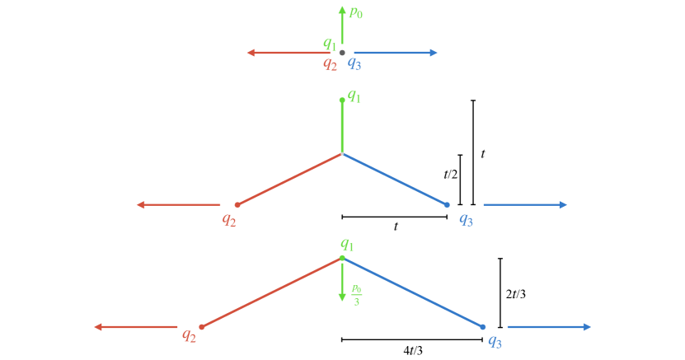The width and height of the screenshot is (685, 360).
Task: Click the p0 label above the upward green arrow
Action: pyautogui.click(x=356, y=12)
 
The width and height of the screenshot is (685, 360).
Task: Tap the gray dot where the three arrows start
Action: pyautogui.click(x=342, y=53)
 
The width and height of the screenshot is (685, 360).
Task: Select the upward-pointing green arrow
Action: pyautogui.click(x=342, y=25)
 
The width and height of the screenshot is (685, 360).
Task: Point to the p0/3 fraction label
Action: pyautogui.click(x=356, y=293)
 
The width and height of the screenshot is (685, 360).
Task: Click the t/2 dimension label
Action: pyautogui.click(x=450, y=174)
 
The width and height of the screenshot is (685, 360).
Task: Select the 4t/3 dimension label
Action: pyautogui.click(x=413, y=351)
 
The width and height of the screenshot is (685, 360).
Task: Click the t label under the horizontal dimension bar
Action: pyautogui.click(x=396, y=227)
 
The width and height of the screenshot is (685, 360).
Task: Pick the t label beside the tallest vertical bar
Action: pyautogui.click(x=482, y=153)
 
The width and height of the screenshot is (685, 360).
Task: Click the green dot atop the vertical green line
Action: pyautogui.click(x=342, y=101)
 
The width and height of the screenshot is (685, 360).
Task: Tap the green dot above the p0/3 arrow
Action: pyautogui.click(x=342, y=259)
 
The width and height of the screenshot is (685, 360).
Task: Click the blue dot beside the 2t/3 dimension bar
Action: pyautogui.click(x=482, y=327)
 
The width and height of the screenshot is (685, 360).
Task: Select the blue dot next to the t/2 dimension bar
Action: pyautogui.click(x=447, y=204)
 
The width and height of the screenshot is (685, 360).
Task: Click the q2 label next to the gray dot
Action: pyautogui.click(x=330, y=63)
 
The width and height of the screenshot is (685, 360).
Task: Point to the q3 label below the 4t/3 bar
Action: pyautogui.click(x=495, y=341)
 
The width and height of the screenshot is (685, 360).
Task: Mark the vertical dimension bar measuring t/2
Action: pyautogui.click(x=460, y=179)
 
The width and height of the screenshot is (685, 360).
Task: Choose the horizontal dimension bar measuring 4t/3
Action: pyautogui.click(x=412, y=339)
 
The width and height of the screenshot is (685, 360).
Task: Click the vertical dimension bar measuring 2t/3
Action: pyautogui.click(x=500, y=293)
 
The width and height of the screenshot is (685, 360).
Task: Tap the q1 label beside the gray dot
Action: pyautogui.click(x=330, y=44)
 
